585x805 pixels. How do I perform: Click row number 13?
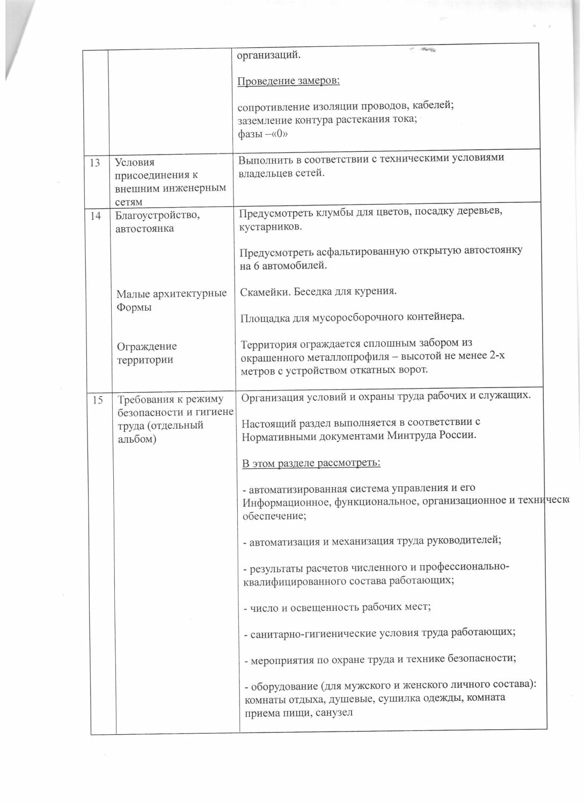tap(95, 163)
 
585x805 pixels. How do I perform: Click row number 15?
tap(98, 400)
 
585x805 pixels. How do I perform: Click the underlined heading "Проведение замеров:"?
tap(288, 81)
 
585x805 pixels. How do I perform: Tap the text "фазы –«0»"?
tap(263, 134)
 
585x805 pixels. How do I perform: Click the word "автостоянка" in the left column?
tap(144, 229)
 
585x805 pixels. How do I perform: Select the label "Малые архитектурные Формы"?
tap(171, 300)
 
